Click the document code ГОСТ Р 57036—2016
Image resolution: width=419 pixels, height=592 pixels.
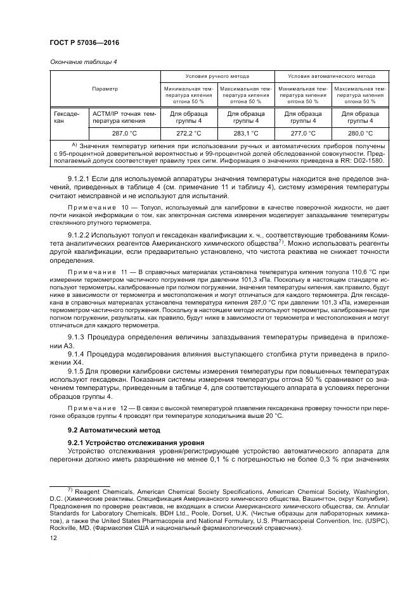[x=84, y=42]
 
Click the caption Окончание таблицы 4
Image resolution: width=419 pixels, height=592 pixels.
[x=83, y=61]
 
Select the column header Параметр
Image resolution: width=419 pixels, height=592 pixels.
[x=105, y=89]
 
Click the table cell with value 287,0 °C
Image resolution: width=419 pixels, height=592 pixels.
[x=124, y=134]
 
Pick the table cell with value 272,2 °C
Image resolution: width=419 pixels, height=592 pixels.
[x=188, y=134]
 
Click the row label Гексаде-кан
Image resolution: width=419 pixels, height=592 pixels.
[x=68, y=117]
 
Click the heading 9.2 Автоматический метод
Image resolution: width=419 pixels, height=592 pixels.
[x=104, y=429]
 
